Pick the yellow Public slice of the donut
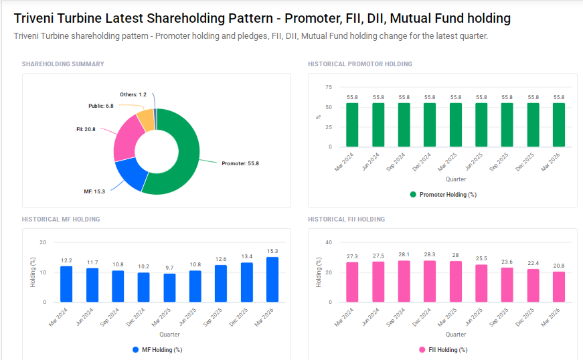tap(145, 119)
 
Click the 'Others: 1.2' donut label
tap(133, 95)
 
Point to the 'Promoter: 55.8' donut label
tap(240, 163)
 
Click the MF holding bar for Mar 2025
tap(169, 288)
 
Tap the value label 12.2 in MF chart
tap(66, 260)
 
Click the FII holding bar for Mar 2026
tap(559, 286)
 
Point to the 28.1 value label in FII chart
tap(404, 254)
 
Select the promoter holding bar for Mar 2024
tap(352, 124)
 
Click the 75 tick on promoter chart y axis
tap(328, 87)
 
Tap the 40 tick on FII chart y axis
tap(328, 242)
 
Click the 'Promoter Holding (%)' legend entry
tap(443, 195)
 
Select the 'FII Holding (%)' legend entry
tap(443, 350)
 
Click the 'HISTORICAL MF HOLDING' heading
tap(61, 219)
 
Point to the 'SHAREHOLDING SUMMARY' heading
tap(63, 64)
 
